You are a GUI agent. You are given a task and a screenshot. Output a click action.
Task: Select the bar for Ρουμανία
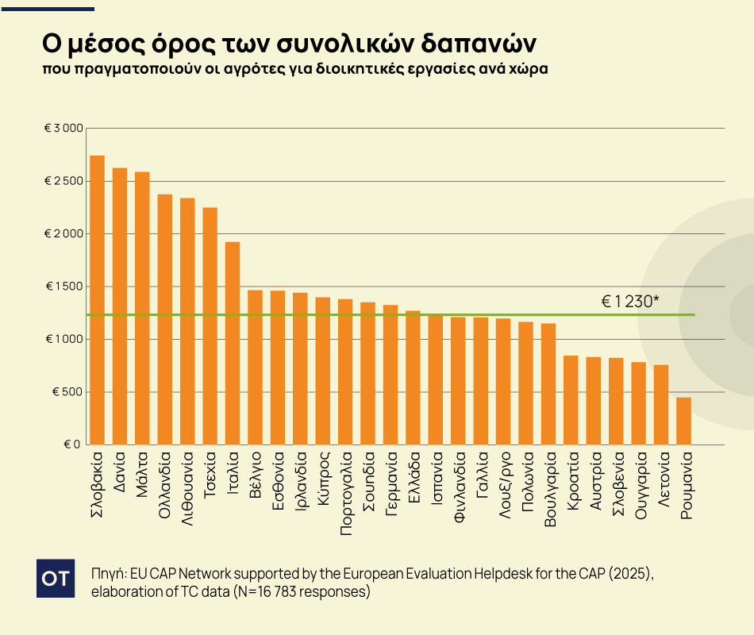click(683, 421)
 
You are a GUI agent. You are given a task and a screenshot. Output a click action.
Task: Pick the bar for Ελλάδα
click(413, 378)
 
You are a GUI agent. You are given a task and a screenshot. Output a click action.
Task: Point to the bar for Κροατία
click(571, 400)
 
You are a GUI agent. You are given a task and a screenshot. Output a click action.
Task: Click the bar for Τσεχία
click(210, 325)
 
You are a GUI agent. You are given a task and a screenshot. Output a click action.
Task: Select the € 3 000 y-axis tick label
click(61, 129)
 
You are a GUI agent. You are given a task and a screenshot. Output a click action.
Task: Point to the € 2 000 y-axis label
click(61, 234)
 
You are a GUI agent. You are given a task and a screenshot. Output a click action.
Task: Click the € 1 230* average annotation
click(630, 302)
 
